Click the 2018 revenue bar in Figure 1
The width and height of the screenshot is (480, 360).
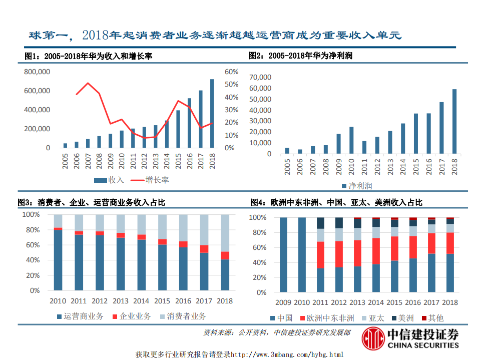(x=212, y=114)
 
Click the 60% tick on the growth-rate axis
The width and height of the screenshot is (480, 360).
(x=231, y=72)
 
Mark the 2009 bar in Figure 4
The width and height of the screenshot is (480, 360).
(x=283, y=255)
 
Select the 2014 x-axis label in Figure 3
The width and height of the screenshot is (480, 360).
(x=141, y=301)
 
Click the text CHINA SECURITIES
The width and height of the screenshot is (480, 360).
(x=422, y=345)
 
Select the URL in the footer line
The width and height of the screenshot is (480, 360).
(x=287, y=354)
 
